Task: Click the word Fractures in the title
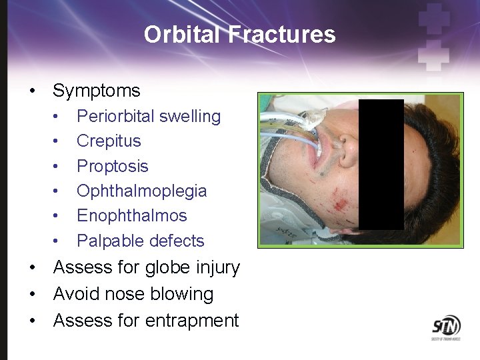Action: [281, 34]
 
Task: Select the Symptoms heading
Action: [97, 91]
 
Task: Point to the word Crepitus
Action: [109, 141]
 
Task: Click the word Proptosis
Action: [112, 166]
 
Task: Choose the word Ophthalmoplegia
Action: [141, 191]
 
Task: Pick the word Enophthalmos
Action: [131, 215]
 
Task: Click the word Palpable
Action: [108, 241]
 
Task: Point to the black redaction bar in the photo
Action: [381, 164]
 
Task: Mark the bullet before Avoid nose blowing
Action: [32, 294]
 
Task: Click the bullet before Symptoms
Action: [32, 91]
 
